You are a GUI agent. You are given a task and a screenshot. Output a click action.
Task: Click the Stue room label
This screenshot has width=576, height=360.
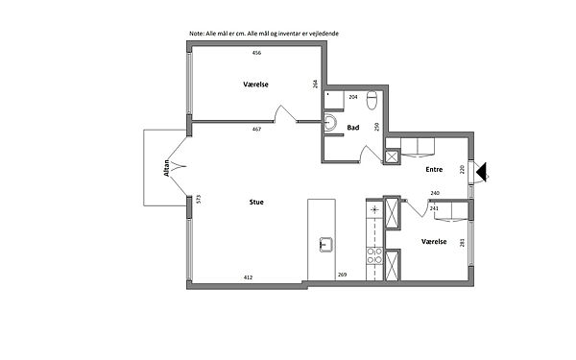(256, 202)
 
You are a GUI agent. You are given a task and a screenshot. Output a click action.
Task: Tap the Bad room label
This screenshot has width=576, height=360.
(353, 128)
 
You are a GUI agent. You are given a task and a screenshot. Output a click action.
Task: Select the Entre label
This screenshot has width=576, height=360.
(434, 169)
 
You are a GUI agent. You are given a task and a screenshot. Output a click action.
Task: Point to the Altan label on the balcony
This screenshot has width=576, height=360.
(167, 168)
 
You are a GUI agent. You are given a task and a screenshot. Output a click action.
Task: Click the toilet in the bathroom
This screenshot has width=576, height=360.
(372, 100)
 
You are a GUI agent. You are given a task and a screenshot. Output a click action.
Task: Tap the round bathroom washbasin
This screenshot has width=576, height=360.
(330, 122)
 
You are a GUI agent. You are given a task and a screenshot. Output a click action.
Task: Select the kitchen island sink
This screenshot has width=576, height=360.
(325, 245)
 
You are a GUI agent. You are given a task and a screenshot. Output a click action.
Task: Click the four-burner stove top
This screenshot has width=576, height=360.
(374, 255)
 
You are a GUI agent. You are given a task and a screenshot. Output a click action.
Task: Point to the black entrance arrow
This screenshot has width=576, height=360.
(481, 171)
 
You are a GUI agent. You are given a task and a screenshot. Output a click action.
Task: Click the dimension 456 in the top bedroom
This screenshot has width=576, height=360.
(256, 53)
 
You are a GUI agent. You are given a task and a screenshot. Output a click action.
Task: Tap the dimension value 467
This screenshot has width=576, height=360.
(256, 129)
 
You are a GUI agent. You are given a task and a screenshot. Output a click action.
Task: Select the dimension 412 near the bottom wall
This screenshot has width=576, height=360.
(248, 277)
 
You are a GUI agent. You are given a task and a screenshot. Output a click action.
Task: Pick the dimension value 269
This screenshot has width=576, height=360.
(342, 275)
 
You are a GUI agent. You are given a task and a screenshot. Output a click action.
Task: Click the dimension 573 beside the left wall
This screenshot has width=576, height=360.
(199, 199)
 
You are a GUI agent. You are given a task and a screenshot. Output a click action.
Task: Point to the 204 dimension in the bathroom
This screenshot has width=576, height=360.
(353, 97)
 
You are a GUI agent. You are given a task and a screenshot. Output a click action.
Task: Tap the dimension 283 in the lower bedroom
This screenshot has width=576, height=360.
(462, 243)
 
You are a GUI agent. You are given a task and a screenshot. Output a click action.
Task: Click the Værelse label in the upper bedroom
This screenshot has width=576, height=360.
(255, 84)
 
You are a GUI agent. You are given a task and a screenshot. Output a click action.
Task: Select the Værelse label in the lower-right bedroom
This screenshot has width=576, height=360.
(434, 241)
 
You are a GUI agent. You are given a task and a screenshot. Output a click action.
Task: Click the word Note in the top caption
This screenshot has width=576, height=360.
(196, 34)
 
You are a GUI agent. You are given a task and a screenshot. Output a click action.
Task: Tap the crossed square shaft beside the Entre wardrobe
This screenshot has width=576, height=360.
(392, 156)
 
